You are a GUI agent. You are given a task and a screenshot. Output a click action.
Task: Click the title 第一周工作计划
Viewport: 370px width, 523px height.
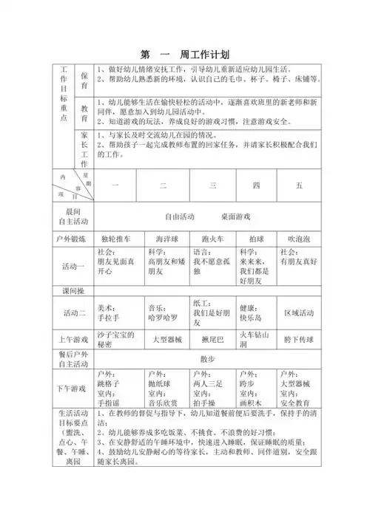tap(185, 54)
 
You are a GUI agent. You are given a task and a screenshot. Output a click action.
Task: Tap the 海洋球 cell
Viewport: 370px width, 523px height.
tap(165, 239)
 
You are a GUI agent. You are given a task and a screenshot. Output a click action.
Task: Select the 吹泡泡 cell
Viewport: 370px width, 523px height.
tap(299, 239)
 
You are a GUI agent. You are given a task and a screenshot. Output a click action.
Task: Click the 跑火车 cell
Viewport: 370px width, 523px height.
tap(212, 239)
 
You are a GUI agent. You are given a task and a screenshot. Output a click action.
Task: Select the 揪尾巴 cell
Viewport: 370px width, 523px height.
tap(212, 340)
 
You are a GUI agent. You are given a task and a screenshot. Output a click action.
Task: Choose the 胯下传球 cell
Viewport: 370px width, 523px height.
tap(299, 340)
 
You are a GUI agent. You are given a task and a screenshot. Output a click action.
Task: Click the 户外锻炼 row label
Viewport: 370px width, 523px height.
tap(72, 239)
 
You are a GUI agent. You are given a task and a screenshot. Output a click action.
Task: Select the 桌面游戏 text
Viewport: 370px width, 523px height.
tap(235, 216)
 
